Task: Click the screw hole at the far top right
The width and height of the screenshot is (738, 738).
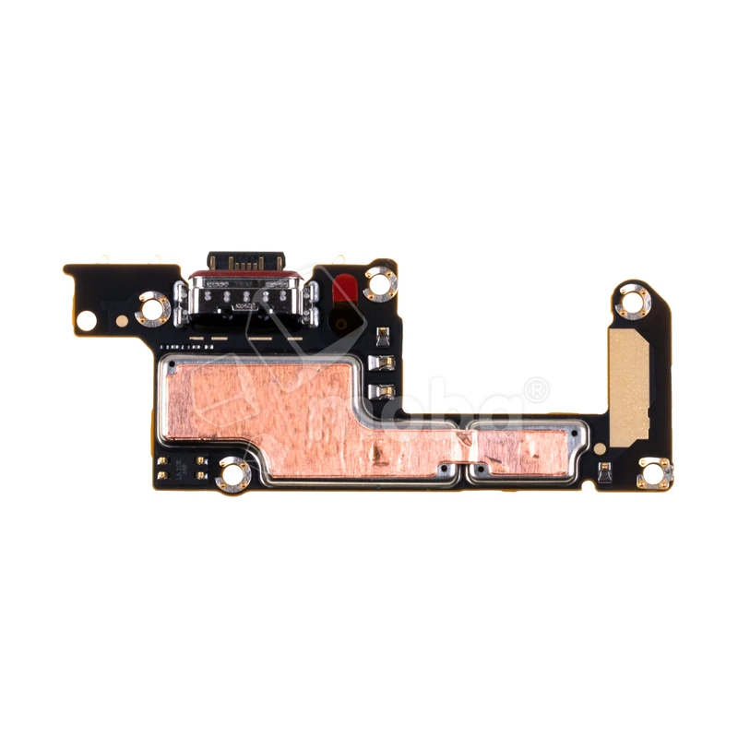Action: (634, 301)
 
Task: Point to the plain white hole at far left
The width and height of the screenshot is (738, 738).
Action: (86, 321)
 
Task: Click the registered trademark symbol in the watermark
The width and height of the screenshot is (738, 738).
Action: (534, 390)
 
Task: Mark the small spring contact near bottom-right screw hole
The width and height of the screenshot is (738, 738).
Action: (605, 474)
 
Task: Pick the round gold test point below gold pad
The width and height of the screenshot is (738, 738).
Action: (602, 448)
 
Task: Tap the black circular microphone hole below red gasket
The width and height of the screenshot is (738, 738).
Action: (341, 322)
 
